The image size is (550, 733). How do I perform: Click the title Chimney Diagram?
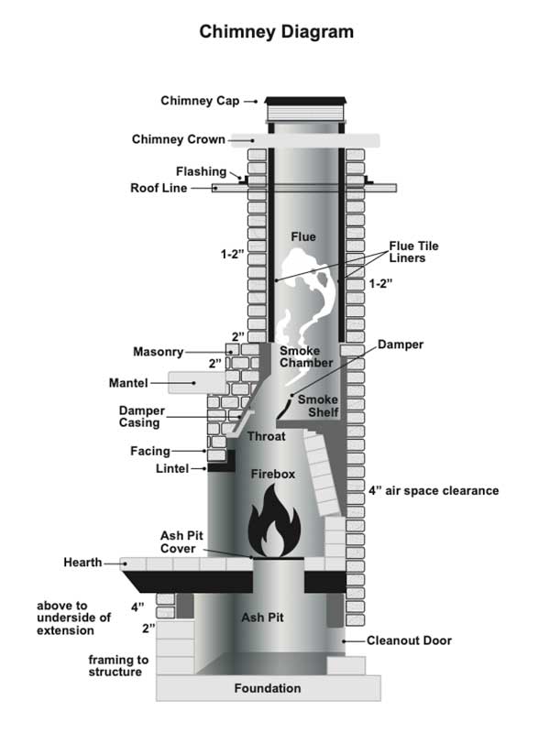pos(276,32)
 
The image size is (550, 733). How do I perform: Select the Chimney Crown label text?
pos(179,139)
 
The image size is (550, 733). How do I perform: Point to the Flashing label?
pos(202,171)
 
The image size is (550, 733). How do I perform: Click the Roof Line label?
pos(159,188)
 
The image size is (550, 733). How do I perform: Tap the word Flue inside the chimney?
pos(303,237)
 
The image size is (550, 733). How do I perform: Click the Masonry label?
pos(159,351)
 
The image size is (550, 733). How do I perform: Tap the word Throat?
pos(266,437)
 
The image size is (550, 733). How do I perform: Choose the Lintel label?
pos(172,468)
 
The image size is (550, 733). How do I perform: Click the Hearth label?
pos(83,562)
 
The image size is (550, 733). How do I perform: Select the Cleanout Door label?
pos(410,641)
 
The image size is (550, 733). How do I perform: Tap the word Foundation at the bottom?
pos(268,688)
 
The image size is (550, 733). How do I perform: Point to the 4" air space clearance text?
pos(434,491)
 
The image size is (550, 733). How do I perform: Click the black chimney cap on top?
pos(306,102)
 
